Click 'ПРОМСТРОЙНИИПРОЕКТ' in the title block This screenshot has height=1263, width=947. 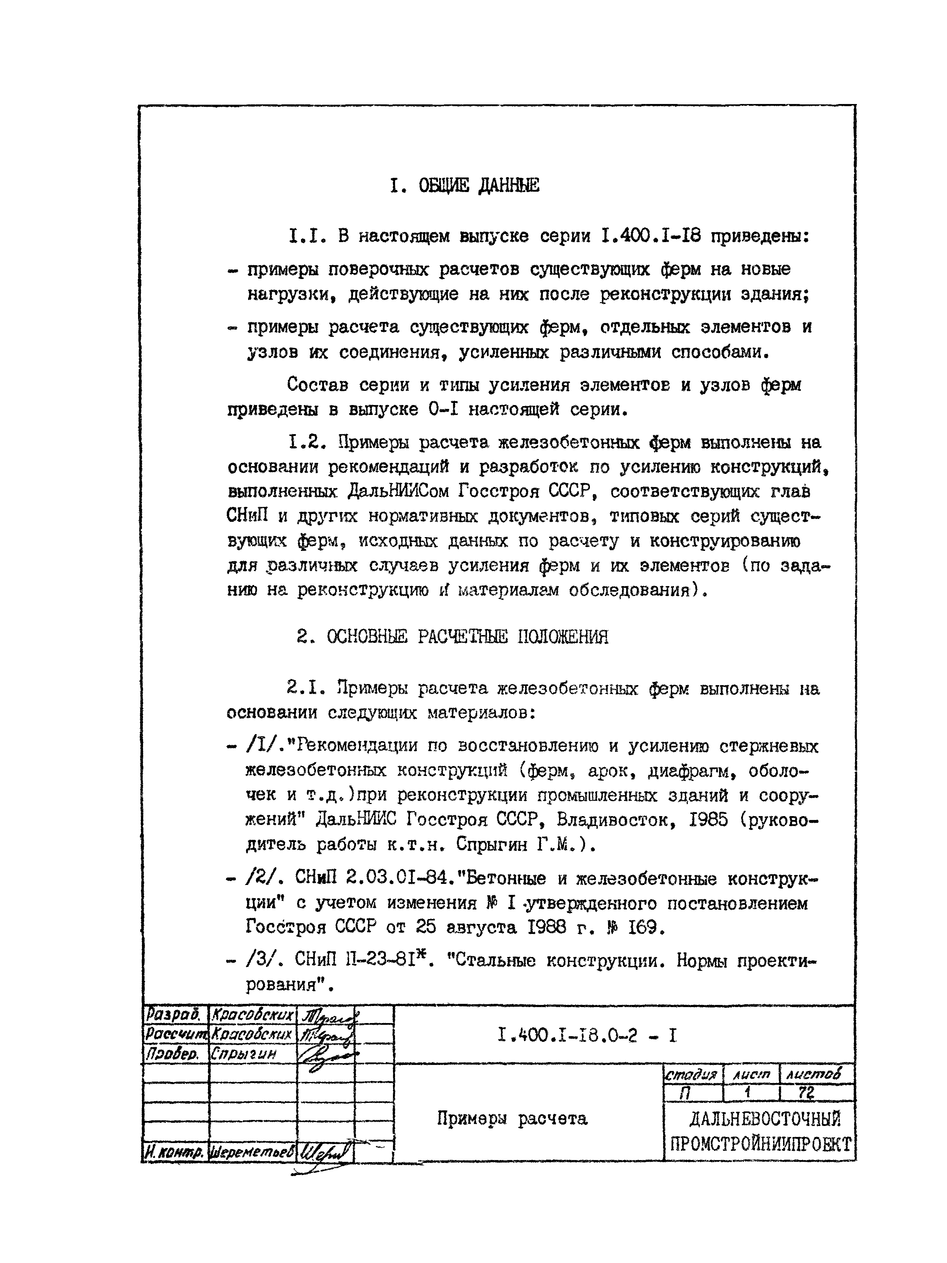[760, 1144]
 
